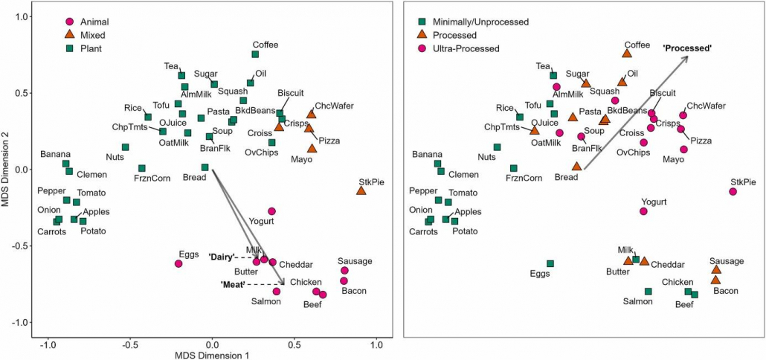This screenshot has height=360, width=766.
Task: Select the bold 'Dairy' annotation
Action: [x=223, y=257]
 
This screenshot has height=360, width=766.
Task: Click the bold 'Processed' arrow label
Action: [x=687, y=48]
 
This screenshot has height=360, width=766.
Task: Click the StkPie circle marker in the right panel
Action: [x=733, y=191]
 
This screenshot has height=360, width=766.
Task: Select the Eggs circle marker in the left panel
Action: [x=178, y=263]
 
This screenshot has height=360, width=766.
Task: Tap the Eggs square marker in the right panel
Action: [x=550, y=263]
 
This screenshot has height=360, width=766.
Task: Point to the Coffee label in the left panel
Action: [x=265, y=45]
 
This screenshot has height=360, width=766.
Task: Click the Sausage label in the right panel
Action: [x=726, y=261]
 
